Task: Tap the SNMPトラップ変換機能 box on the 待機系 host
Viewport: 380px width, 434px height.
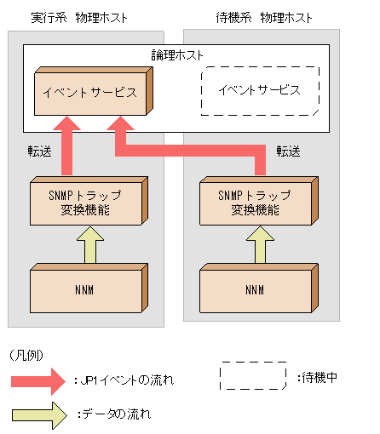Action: pyautogui.click(x=255, y=202)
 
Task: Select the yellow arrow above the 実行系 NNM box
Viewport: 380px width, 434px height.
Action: pyautogui.click(x=88, y=246)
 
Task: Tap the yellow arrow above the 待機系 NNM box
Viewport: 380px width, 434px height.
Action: pyautogui.click(x=255, y=246)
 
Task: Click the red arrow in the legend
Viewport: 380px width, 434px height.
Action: pyautogui.click(x=37, y=380)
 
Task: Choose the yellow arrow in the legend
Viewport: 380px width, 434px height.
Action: pyautogui.click(x=37, y=414)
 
